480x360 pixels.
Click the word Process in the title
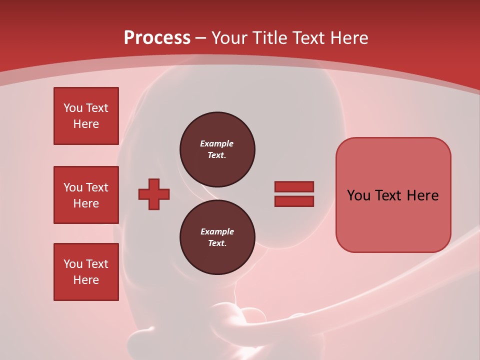(157, 37)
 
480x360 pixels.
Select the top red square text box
(86, 116)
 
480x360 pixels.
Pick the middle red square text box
(86, 195)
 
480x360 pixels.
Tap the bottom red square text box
(86, 272)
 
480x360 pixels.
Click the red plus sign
(154, 194)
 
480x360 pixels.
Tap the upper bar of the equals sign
(294, 186)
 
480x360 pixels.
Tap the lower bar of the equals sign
(294, 201)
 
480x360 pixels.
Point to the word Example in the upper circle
(217, 143)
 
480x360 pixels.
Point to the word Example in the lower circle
(217, 231)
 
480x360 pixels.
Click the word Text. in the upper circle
(217, 155)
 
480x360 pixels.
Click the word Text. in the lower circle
(217, 243)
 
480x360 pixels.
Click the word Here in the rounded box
(422, 195)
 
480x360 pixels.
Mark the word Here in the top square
(86, 124)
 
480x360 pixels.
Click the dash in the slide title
(201, 38)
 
